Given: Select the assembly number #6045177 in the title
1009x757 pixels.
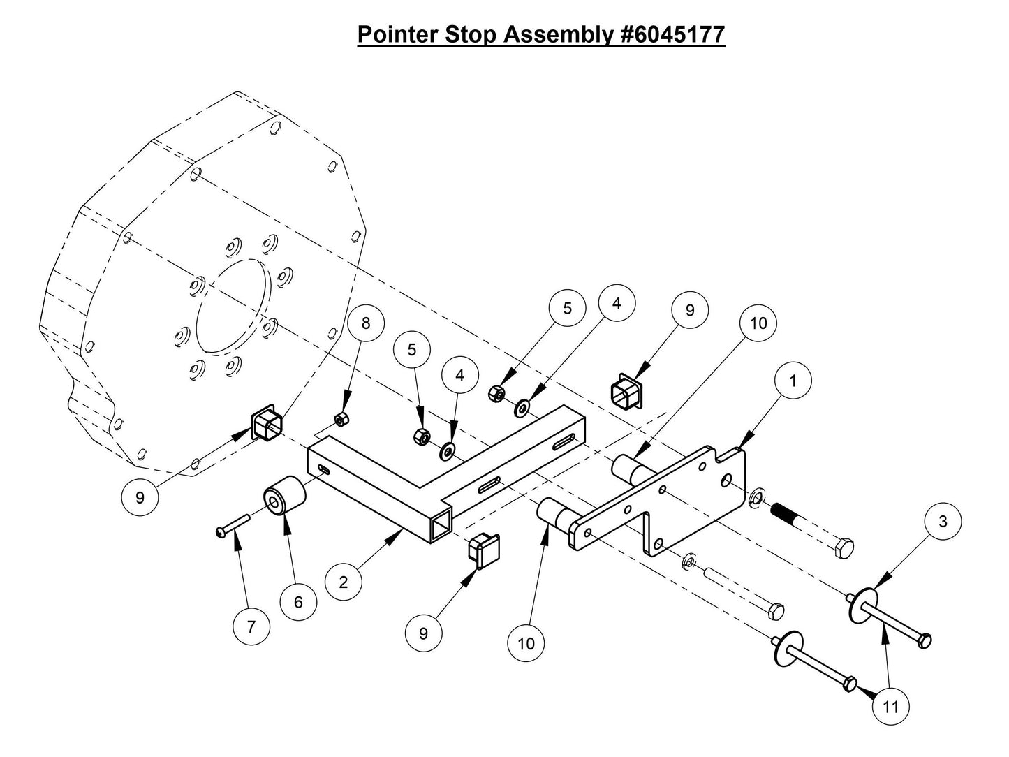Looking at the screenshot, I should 672,34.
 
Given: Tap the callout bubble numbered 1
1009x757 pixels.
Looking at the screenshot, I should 793,381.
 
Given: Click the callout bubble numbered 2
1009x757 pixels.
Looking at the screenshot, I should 344,581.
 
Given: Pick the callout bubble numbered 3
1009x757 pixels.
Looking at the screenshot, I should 943,522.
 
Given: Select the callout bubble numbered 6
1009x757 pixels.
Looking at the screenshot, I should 298,602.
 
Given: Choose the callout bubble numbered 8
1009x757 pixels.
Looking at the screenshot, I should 367,323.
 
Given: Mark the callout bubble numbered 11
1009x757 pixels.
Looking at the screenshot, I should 891,707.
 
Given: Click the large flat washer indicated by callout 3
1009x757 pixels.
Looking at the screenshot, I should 863,603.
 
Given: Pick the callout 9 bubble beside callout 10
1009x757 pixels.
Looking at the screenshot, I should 690,311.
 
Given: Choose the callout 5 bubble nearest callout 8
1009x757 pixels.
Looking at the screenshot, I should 412,351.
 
